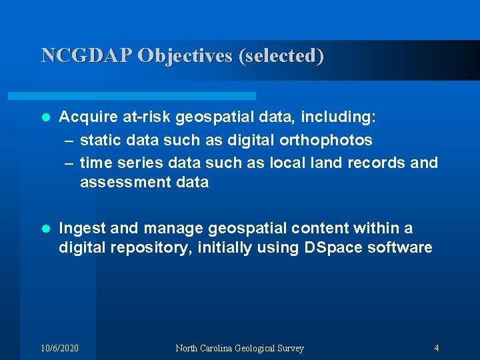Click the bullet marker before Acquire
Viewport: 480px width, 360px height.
click(x=45, y=118)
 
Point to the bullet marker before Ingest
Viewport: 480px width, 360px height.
click(x=45, y=229)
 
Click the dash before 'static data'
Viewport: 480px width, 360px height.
click(x=70, y=140)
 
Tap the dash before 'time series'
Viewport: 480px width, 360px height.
click(x=70, y=163)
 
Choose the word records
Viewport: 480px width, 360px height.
click(x=374, y=163)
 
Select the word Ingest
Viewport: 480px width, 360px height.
click(x=82, y=229)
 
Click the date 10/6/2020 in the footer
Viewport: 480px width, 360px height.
click(x=59, y=348)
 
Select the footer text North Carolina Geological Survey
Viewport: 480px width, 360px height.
click(x=239, y=348)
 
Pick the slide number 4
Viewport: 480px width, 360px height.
click(x=436, y=348)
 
